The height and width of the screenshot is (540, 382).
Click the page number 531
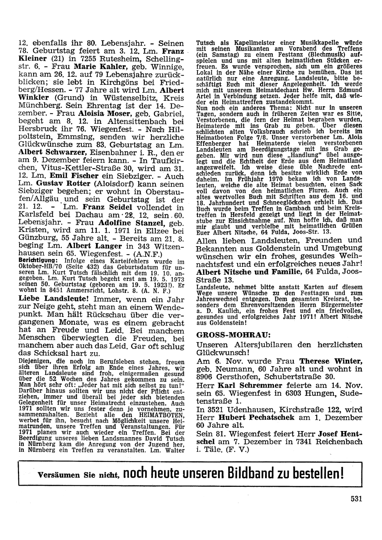[x=356, y=498]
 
